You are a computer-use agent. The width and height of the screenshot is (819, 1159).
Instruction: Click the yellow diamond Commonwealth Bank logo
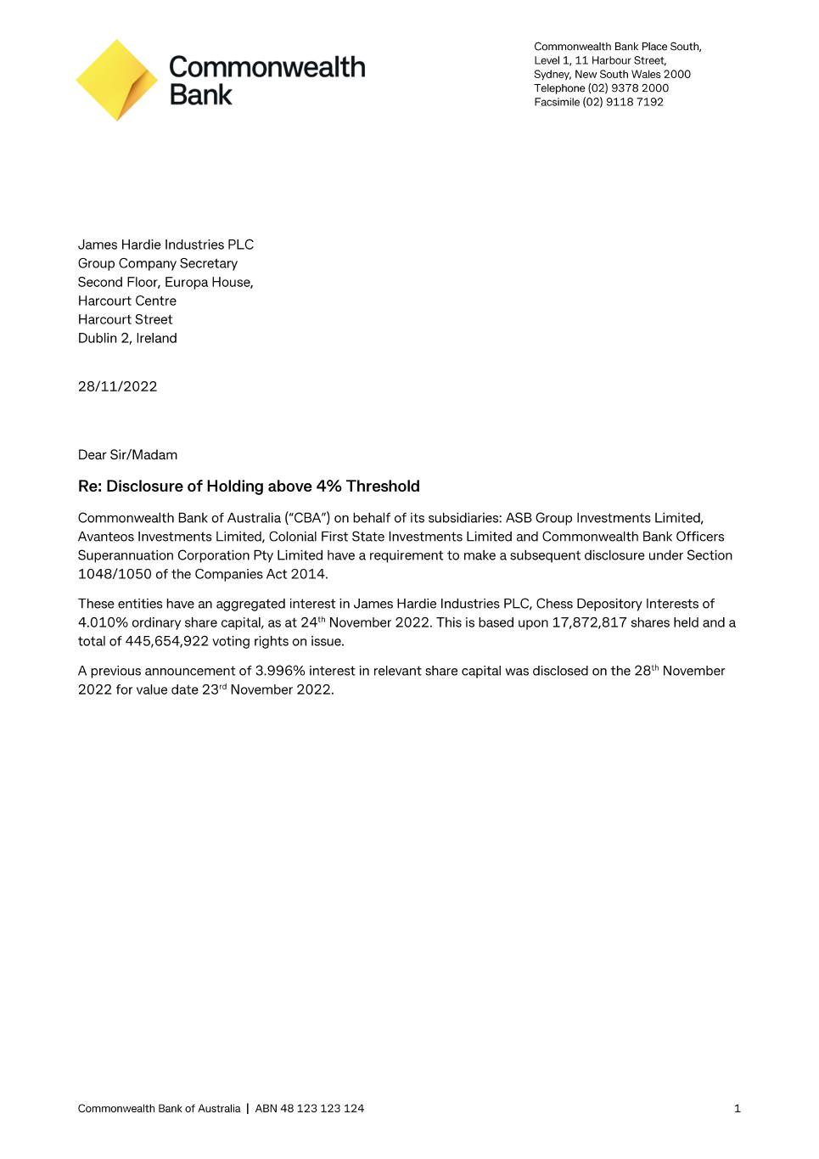tap(116, 80)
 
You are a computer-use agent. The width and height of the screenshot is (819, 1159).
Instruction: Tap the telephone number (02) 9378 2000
tap(628, 88)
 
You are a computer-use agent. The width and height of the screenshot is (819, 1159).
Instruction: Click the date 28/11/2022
tap(117, 386)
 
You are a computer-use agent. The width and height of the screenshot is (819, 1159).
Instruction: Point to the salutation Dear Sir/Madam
tap(127, 455)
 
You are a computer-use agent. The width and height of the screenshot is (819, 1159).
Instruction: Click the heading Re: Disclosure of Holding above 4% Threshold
tap(249, 487)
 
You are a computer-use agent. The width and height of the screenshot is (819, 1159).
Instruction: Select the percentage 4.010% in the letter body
tap(103, 622)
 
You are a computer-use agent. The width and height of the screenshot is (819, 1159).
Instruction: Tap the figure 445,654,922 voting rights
tap(167, 641)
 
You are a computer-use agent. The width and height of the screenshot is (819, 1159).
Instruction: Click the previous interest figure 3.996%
tap(280, 671)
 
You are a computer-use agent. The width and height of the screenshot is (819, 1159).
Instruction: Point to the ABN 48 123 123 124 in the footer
tap(310, 1108)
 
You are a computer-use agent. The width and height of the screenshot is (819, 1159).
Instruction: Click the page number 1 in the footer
tap(738, 1108)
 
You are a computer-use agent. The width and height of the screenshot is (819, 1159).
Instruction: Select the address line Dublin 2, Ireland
tap(127, 338)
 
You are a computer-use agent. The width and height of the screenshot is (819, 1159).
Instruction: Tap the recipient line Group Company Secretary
tap(158, 263)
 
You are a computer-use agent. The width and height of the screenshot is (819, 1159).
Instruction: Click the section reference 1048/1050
tap(115, 574)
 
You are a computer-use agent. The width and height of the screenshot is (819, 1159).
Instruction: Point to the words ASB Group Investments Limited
tap(603, 518)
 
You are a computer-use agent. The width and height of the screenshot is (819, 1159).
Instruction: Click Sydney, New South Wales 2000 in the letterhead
tap(612, 75)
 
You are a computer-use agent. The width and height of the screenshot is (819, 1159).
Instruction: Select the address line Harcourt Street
tap(125, 319)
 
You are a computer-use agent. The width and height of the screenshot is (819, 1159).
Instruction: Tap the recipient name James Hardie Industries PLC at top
tap(165, 245)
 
